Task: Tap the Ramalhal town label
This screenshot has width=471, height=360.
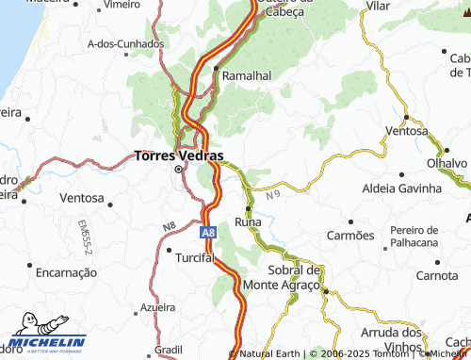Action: click(247, 74)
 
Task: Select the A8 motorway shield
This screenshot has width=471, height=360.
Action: click(206, 232)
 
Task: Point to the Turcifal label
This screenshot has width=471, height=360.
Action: click(196, 257)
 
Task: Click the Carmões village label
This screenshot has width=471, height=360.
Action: click(349, 235)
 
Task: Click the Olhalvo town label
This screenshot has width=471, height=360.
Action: click(447, 163)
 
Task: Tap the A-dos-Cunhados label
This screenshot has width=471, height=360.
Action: click(119, 44)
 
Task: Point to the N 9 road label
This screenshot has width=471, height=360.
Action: click(273, 195)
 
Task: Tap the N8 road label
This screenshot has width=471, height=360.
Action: click(168, 226)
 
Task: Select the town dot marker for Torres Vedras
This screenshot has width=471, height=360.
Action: click(179, 171)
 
